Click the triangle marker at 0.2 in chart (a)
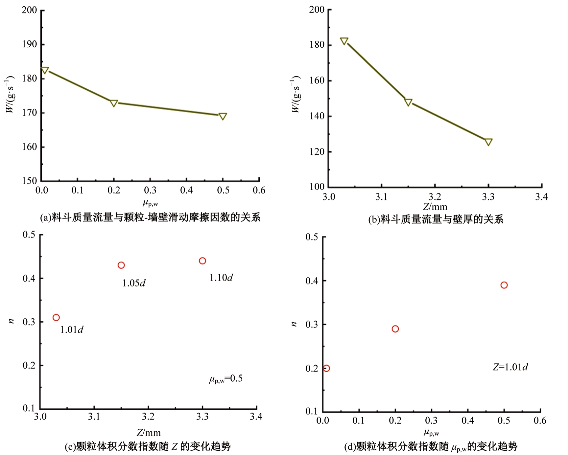114,103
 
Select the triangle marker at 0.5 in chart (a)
223,116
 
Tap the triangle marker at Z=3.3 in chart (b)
488,142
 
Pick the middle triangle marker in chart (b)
408,102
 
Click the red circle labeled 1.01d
56,317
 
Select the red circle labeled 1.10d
202,261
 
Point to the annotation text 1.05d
134,283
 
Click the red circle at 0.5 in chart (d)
504,285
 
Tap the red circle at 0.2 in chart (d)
395,329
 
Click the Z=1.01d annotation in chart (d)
510,367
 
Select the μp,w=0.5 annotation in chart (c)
226,379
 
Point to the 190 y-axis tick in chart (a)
30,44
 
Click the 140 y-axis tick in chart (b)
317,116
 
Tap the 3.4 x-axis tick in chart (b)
541,197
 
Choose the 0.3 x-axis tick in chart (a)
150,191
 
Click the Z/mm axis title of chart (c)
149,433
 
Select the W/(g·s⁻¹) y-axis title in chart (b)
296,94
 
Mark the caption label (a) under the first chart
46,218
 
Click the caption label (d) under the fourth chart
350,447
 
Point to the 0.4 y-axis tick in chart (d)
312,281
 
